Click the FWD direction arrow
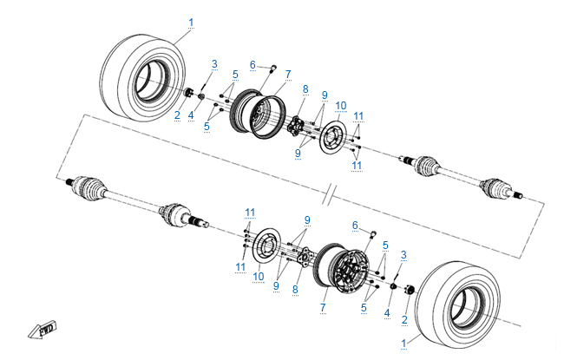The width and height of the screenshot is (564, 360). [x=41, y=330]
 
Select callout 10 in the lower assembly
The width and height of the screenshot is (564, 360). [x=257, y=276]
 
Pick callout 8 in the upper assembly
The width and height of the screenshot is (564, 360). [x=305, y=88]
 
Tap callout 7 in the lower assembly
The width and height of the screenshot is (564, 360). [x=323, y=305]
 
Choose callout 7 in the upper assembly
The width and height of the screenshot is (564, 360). [x=287, y=73]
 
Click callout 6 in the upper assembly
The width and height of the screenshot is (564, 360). [x=252, y=64]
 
